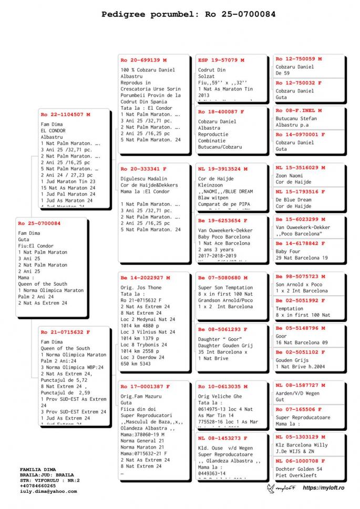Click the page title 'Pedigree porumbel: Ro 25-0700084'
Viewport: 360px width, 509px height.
[x=188, y=15]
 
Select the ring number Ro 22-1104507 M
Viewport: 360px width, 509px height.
[x=65, y=114]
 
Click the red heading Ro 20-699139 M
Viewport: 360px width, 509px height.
[x=143, y=60]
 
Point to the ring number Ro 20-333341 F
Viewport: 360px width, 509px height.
[x=143, y=169]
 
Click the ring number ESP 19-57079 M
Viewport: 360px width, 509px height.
[x=221, y=60]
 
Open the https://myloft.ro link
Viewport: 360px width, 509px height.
[x=323, y=488]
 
